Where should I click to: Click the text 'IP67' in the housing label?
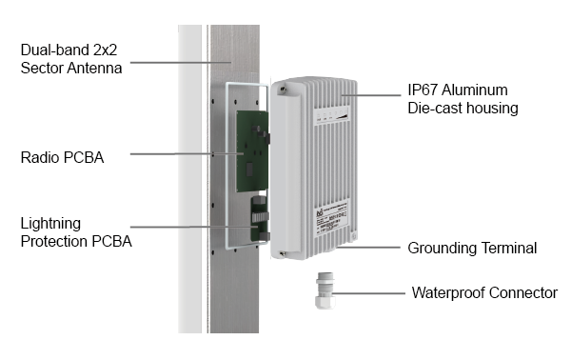coord(421,90)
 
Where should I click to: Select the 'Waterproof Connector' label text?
coord(484,292)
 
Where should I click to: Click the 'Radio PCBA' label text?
coord(62,157)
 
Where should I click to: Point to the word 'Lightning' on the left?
coord(50,224)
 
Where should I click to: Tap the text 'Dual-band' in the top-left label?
coord(55,50)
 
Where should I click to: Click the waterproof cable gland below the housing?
coord(325,290)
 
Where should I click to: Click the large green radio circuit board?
coord(252,151)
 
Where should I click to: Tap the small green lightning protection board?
coord(259,219)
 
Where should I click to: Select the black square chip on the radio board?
coord(249,170)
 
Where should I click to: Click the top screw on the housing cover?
coord(282,89)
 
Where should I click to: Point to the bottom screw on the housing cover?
coord(282,253)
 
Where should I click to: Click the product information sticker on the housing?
coord(331,219)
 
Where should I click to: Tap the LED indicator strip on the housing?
coord(331,114)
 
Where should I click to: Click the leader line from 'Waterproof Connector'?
coord(368,293)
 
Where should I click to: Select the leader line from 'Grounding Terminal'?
coord(368,248)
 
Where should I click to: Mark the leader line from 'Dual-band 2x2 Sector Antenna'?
coord(181,62)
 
